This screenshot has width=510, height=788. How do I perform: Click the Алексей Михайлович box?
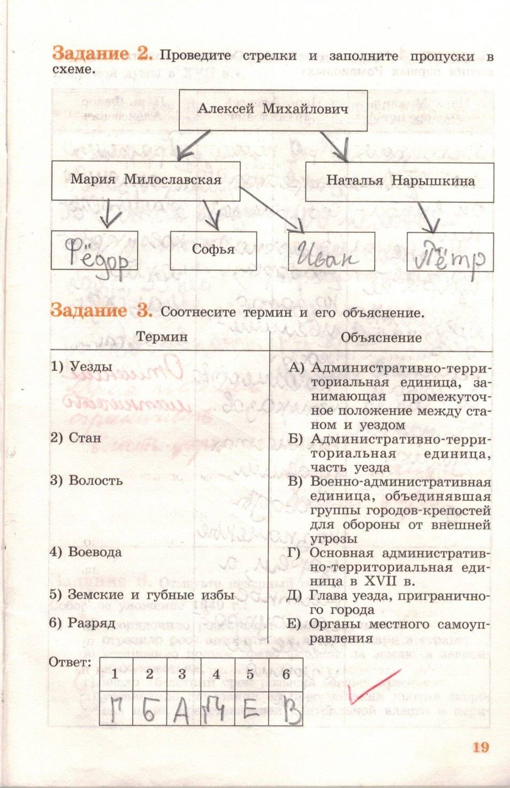pyautogui.click(x=273, y=110)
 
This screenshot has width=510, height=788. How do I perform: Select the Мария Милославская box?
pyautogui.click(x=146, y=180)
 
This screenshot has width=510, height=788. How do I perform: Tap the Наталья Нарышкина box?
pyautogui.click(x=400, y=181)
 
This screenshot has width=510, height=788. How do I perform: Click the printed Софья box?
pyautogui.click(x=213, y=250)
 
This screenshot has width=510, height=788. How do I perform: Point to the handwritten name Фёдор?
pyautogui.click(x=96, y=255)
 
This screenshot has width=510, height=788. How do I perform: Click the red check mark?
pyautogui.click(x=372, y=685)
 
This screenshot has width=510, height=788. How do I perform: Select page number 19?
pyautogui.click(x=480, y=747)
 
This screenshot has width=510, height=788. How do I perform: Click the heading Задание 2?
pyautogui.click(x=102, y=54)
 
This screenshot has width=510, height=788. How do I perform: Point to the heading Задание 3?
pyautogui.click(x=101, y=310)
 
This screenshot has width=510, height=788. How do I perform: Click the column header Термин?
pyautogui.click(x=162, y=337)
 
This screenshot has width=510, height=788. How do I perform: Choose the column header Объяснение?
pyautogui.click(x=381, y=338)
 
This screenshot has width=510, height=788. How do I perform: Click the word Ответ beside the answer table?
pyautogui.click(x=70, y=662)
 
